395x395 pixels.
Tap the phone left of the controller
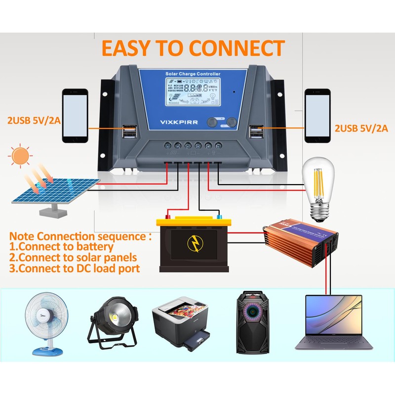[x=75, y=116]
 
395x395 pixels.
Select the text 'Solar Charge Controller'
[x=193, y=74]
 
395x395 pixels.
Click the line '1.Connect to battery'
[x=62, y=246]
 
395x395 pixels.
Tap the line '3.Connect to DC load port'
[x=75, y=269]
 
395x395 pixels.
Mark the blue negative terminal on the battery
[x=216, y=216]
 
